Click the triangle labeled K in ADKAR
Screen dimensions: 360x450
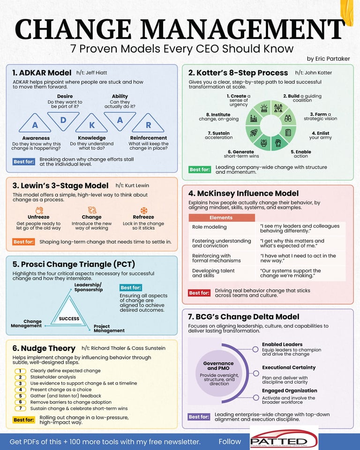coord(92,125)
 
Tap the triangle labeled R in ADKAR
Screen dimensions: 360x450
coord(148,125)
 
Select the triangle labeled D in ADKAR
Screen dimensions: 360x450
coord(64,120)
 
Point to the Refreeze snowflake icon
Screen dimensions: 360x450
coord(143,210)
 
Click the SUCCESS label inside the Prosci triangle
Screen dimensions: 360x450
coord(68,319)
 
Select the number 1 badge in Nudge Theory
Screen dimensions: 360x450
coord(21,371)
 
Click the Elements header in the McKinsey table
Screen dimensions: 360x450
coord(221,217)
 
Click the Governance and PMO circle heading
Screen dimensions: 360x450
coord(218,366)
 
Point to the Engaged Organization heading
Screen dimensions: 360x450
coord(289,390)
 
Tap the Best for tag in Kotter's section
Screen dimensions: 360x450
coord(200,169)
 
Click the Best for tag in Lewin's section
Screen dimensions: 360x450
coord(23,242)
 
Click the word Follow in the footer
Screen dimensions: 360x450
coord(230,442)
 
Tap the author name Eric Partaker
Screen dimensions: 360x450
coord(330,59)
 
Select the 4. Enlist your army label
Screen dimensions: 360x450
coord(320,135)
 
